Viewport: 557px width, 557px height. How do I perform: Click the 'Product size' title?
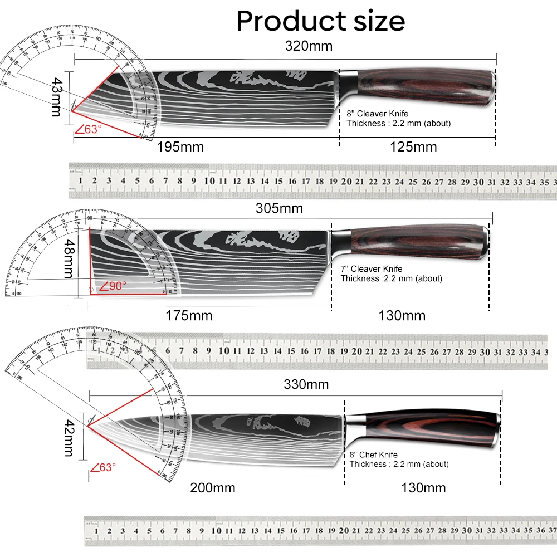pos(320,21)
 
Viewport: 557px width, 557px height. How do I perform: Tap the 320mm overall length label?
pos(309,46)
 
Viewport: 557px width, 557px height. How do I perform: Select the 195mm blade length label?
pos(179,147)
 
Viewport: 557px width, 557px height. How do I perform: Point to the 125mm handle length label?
pos(414,147)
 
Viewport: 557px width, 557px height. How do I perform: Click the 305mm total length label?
pos(279,208)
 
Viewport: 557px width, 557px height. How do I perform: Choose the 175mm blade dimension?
pos(189,316)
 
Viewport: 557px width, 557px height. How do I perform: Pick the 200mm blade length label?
pos(213,488)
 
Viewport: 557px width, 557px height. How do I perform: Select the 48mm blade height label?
pos(69,258)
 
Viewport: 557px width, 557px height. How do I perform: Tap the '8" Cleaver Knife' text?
pos(377,114)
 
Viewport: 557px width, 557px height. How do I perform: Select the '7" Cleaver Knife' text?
pos(371,269)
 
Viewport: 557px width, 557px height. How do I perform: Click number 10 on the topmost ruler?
pos(209,180)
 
